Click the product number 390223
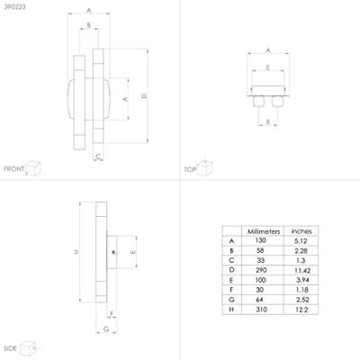click(x=14, y=7)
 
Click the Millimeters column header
click(x=264, y=231)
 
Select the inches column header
click(x=301, y=231)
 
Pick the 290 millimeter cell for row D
click(x=261, y=270)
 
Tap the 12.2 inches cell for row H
click(x=301, y=310)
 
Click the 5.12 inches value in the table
click(x=301, y=241)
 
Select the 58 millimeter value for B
click(x=260, y=250)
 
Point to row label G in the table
click(x=231, y=300)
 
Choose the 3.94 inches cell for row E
click(x=302, y=280)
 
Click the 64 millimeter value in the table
click(x=260, y=300)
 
